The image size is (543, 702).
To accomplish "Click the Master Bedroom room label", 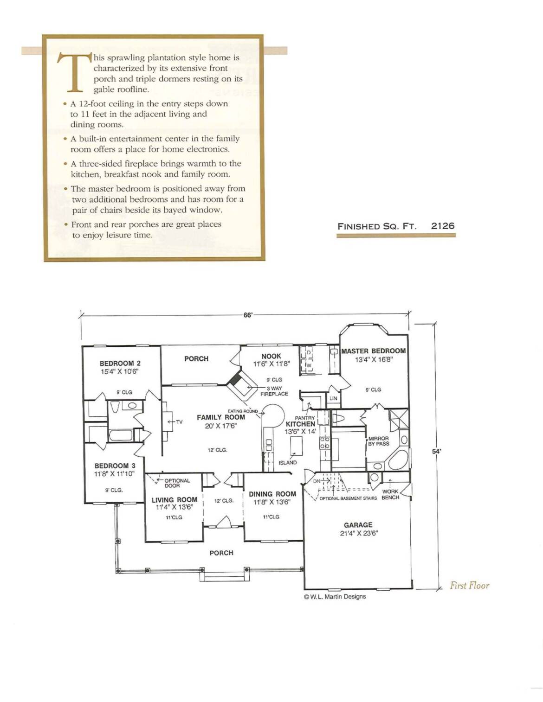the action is [374, 351].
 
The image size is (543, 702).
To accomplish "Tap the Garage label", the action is [358, 525].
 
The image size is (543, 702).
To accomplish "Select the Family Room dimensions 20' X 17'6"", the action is [221, 426].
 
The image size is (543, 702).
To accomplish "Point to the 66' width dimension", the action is [247, 315].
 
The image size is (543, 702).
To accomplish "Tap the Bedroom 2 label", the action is [120, 364].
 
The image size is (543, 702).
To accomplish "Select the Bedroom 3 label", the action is [115, 466].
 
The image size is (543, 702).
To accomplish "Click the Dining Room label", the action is [272, 494].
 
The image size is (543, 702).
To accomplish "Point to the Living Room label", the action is [175, 500].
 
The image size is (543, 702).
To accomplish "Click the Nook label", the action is [271, 356].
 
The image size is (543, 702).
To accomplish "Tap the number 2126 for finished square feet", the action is [443, 226].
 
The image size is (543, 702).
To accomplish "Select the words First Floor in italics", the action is [470, 586].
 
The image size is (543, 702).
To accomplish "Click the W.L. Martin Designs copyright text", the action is [335, 596].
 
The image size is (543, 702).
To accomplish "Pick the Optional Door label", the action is [177, 483].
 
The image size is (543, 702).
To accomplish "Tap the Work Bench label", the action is [390, 495].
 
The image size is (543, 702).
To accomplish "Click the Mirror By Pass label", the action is [379, 441].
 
